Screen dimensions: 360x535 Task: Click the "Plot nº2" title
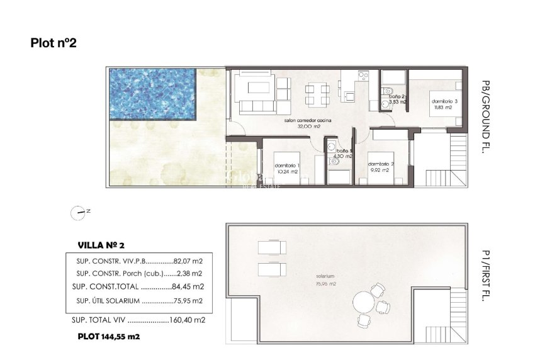pos(53,43)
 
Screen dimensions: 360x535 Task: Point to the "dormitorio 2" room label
pos(381,164)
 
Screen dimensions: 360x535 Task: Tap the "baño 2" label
pos(397,96)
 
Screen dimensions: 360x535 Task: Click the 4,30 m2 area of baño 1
pos(343,156)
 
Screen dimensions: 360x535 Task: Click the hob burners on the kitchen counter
pos(363,76)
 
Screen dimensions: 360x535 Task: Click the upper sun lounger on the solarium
pos(272,247)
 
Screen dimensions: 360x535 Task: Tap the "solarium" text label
pos(325,276)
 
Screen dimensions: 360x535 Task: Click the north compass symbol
pos(78,213)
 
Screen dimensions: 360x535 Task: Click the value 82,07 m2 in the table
pos(187,261)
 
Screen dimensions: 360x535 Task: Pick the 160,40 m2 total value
pos(188,320)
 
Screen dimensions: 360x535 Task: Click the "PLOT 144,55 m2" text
pos(108,337)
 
